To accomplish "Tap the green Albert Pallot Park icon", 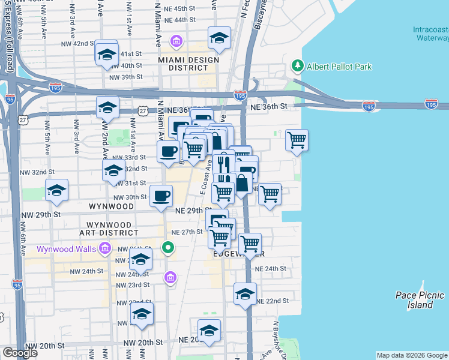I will (x=296, y=65).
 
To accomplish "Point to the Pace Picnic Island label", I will (x=420, y=299).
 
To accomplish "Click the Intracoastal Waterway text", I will (x=430, y=34).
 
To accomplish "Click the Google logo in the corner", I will (x=20, y=353).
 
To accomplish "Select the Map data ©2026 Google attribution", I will (x=412, y=355).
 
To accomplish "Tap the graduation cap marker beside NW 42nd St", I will (x=107, y=54).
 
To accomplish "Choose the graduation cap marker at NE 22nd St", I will (x=245, y=294).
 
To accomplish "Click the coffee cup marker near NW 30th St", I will (x=161, y=196).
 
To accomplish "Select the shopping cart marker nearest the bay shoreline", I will (x=297, y=140).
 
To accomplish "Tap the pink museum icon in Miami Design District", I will (x=176, y=41).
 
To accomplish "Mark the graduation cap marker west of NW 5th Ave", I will (x=57, y=191).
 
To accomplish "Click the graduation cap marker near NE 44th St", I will (x=220, y=37).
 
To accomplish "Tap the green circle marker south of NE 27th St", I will (x=169, y=247).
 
